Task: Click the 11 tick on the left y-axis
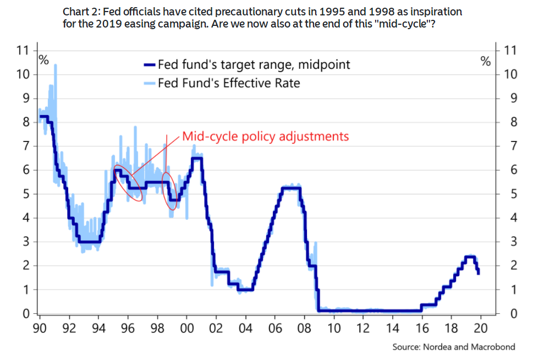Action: [23, 51]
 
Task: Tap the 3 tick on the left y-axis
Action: [26, 242]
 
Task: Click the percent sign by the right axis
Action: [486, 61]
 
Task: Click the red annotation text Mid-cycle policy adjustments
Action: [266, 136]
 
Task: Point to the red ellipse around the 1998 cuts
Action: [171, 191]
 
